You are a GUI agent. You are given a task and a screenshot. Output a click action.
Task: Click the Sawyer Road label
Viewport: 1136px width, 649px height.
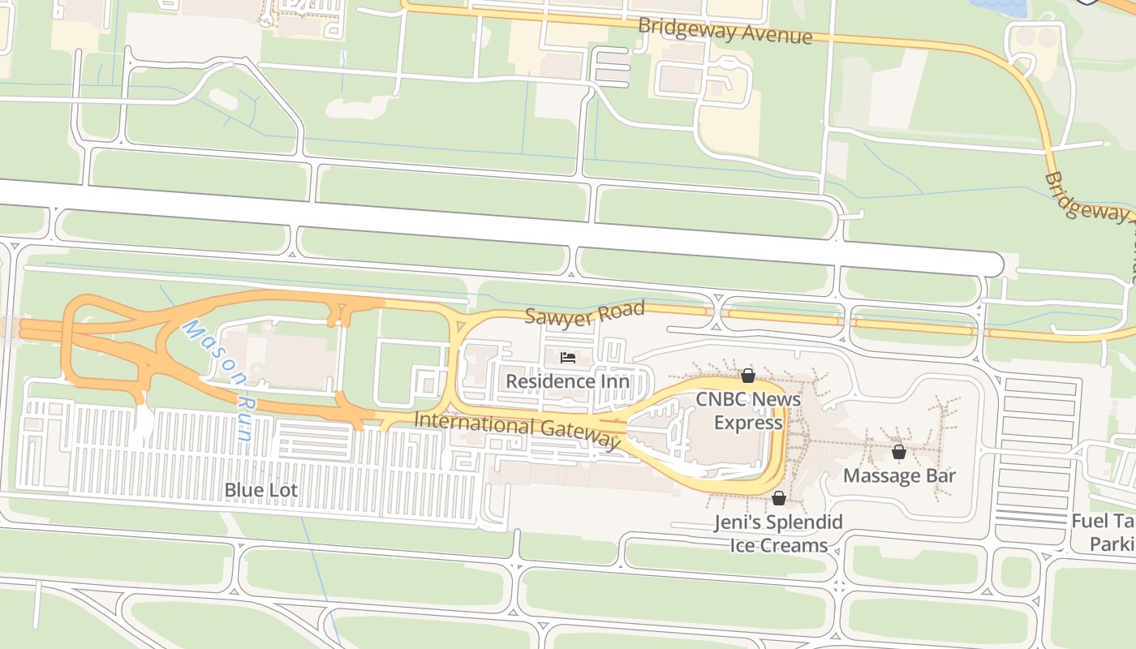click(584, 312)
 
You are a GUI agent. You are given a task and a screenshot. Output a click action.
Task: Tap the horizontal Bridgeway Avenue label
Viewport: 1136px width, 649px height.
click(725, 30)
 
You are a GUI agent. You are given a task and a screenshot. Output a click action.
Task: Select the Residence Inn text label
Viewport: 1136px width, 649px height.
click(567, 380)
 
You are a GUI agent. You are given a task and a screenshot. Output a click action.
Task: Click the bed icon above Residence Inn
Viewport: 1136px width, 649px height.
click(568, 358)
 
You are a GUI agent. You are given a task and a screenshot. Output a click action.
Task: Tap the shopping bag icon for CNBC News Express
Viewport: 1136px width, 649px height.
click(748, 376)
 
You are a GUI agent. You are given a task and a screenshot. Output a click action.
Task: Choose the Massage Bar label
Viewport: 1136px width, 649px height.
click(899, 475)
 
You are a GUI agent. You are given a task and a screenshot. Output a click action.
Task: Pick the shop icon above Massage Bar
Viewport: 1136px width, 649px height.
click(898, 452)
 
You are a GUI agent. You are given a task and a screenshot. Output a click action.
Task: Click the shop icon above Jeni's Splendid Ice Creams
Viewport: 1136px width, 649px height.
click(778, 498)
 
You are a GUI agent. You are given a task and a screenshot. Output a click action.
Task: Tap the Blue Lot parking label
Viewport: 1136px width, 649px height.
click(260, 490)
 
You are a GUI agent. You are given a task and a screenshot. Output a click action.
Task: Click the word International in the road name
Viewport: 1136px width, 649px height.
click(474, 423)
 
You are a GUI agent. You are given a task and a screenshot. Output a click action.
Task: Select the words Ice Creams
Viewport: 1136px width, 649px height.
click(778, 544)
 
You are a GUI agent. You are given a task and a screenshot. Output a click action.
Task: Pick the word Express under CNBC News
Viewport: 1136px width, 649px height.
click(748, 422)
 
